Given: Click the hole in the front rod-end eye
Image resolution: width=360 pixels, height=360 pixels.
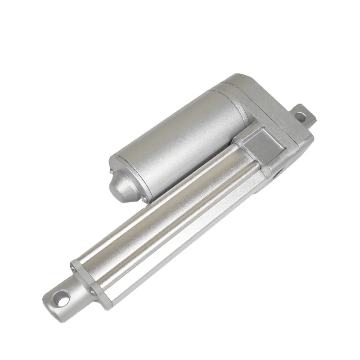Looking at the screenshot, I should point(63,297).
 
